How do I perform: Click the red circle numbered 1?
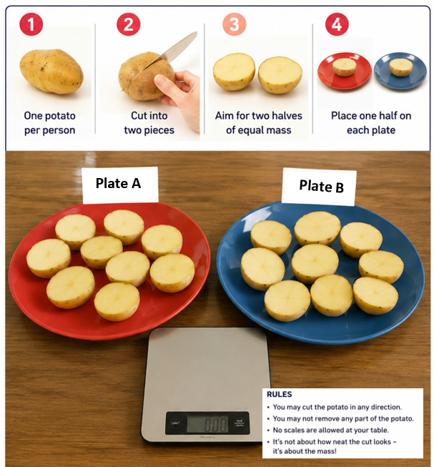tap(31, 24)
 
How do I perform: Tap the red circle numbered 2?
tap(128, 24)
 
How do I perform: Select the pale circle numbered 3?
tap(235, 24)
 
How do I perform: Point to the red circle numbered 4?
tap(337, 24)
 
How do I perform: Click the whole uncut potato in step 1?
tap(51, 72)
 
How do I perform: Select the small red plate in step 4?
tap(345, 72)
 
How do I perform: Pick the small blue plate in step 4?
tap(400, 72)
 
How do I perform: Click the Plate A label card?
tap(120, 185)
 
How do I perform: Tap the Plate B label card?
tap(320, 187)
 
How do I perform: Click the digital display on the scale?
tap(207, 423)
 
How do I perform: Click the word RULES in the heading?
tap(280, 394)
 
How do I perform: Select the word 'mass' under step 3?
tap(279, 130)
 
